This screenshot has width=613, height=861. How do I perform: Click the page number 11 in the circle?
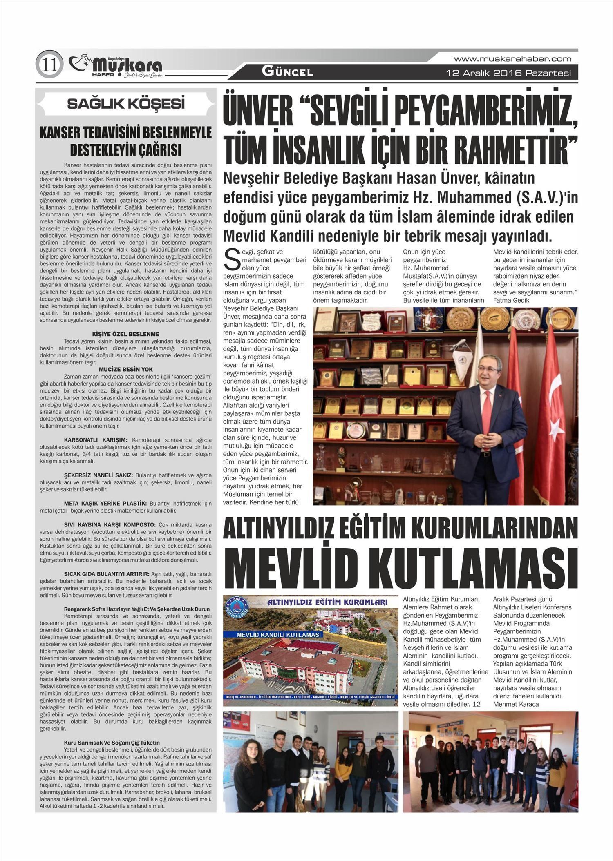point(49,65)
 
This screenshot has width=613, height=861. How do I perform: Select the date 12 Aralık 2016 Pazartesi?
point(508,74)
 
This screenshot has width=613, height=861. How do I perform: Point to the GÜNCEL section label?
point(287,73)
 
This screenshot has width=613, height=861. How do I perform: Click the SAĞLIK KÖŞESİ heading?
point(125,104)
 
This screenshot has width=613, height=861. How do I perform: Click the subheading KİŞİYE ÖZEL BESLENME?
point(125,334)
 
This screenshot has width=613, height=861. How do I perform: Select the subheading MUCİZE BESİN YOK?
point(125,369)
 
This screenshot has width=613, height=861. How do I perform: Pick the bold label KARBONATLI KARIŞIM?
point(96,440)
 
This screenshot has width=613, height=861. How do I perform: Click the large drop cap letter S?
point(233,260)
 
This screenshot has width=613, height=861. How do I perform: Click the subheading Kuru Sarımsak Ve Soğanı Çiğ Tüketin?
point(112,743)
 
